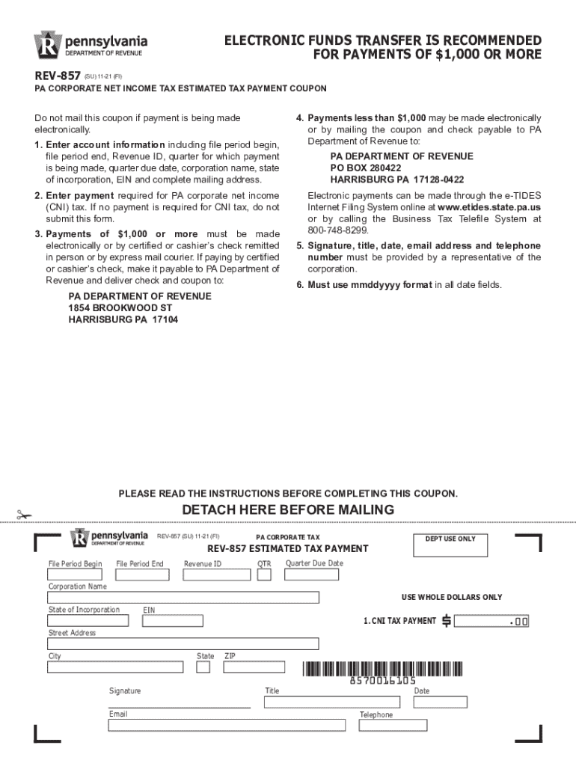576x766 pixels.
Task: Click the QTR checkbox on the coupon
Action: (x=263, y=574)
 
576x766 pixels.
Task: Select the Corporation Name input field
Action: (x=183, y=597)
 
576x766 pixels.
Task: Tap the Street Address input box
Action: (x=183, y=643)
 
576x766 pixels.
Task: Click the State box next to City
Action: (x=203, y=667)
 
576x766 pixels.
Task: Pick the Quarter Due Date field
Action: (x=311, y=574)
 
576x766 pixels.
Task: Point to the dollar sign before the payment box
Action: (x=447, y=621)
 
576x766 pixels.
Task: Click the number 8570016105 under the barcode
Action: (x=382, y=681)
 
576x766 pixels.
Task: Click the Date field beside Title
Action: (x=440, y=702)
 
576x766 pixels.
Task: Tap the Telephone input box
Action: (x=393, y=726)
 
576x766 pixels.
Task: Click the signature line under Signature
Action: (x=179, y=706)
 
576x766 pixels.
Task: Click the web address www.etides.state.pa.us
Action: (x=489, y=206)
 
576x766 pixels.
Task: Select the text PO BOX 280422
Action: (x=367, y=168)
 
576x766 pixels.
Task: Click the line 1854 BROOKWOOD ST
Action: (x=120, y=308)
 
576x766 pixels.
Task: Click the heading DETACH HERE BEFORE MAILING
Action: (x=288, y=510)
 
